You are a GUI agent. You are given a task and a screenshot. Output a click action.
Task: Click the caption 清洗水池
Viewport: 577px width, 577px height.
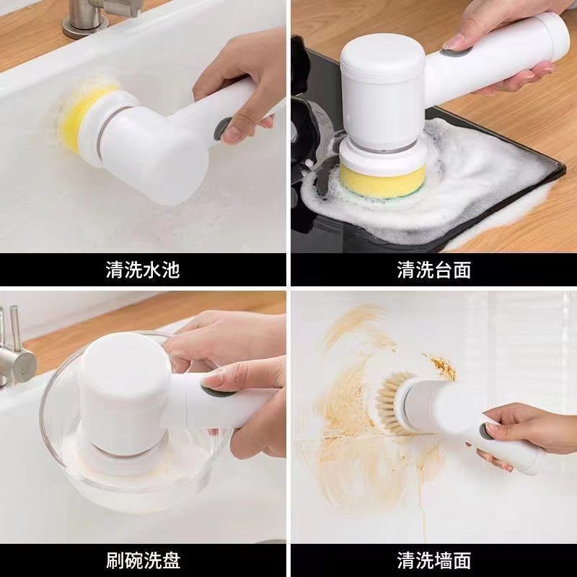(x=143, y=270)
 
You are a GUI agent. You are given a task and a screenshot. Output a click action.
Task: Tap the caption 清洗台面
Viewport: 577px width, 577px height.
(x=433, y=270)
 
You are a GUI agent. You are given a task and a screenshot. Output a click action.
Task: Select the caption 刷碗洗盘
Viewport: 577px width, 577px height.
(x=143, y=559)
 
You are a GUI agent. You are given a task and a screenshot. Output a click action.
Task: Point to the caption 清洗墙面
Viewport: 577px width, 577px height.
(x=433, y=559)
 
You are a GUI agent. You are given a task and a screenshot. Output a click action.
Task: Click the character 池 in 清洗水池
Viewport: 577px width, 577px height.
(x=171, y=270)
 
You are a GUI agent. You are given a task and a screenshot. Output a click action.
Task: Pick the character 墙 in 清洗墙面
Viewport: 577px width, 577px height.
(x=443, y=559)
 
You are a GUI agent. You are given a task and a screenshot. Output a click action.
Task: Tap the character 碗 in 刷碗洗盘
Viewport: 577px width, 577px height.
(x=133, y=559)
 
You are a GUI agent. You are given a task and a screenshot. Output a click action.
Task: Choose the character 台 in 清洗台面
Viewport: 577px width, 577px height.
(x=443, y=270)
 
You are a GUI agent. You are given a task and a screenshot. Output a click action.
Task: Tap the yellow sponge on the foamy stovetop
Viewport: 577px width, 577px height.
(x=375, y=180)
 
